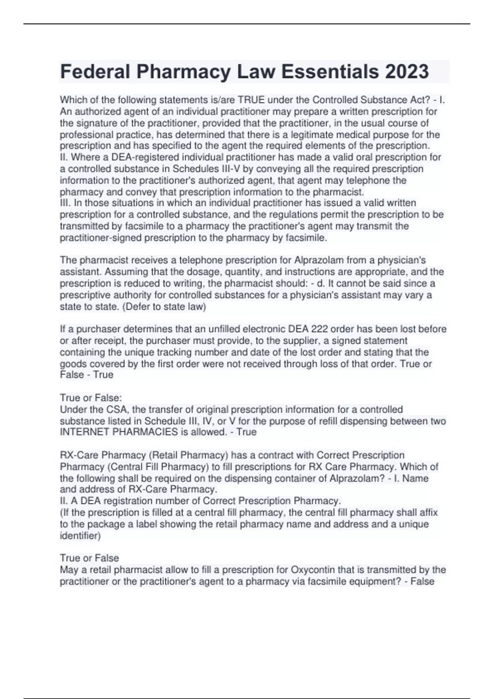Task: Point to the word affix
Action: pos(427,513)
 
